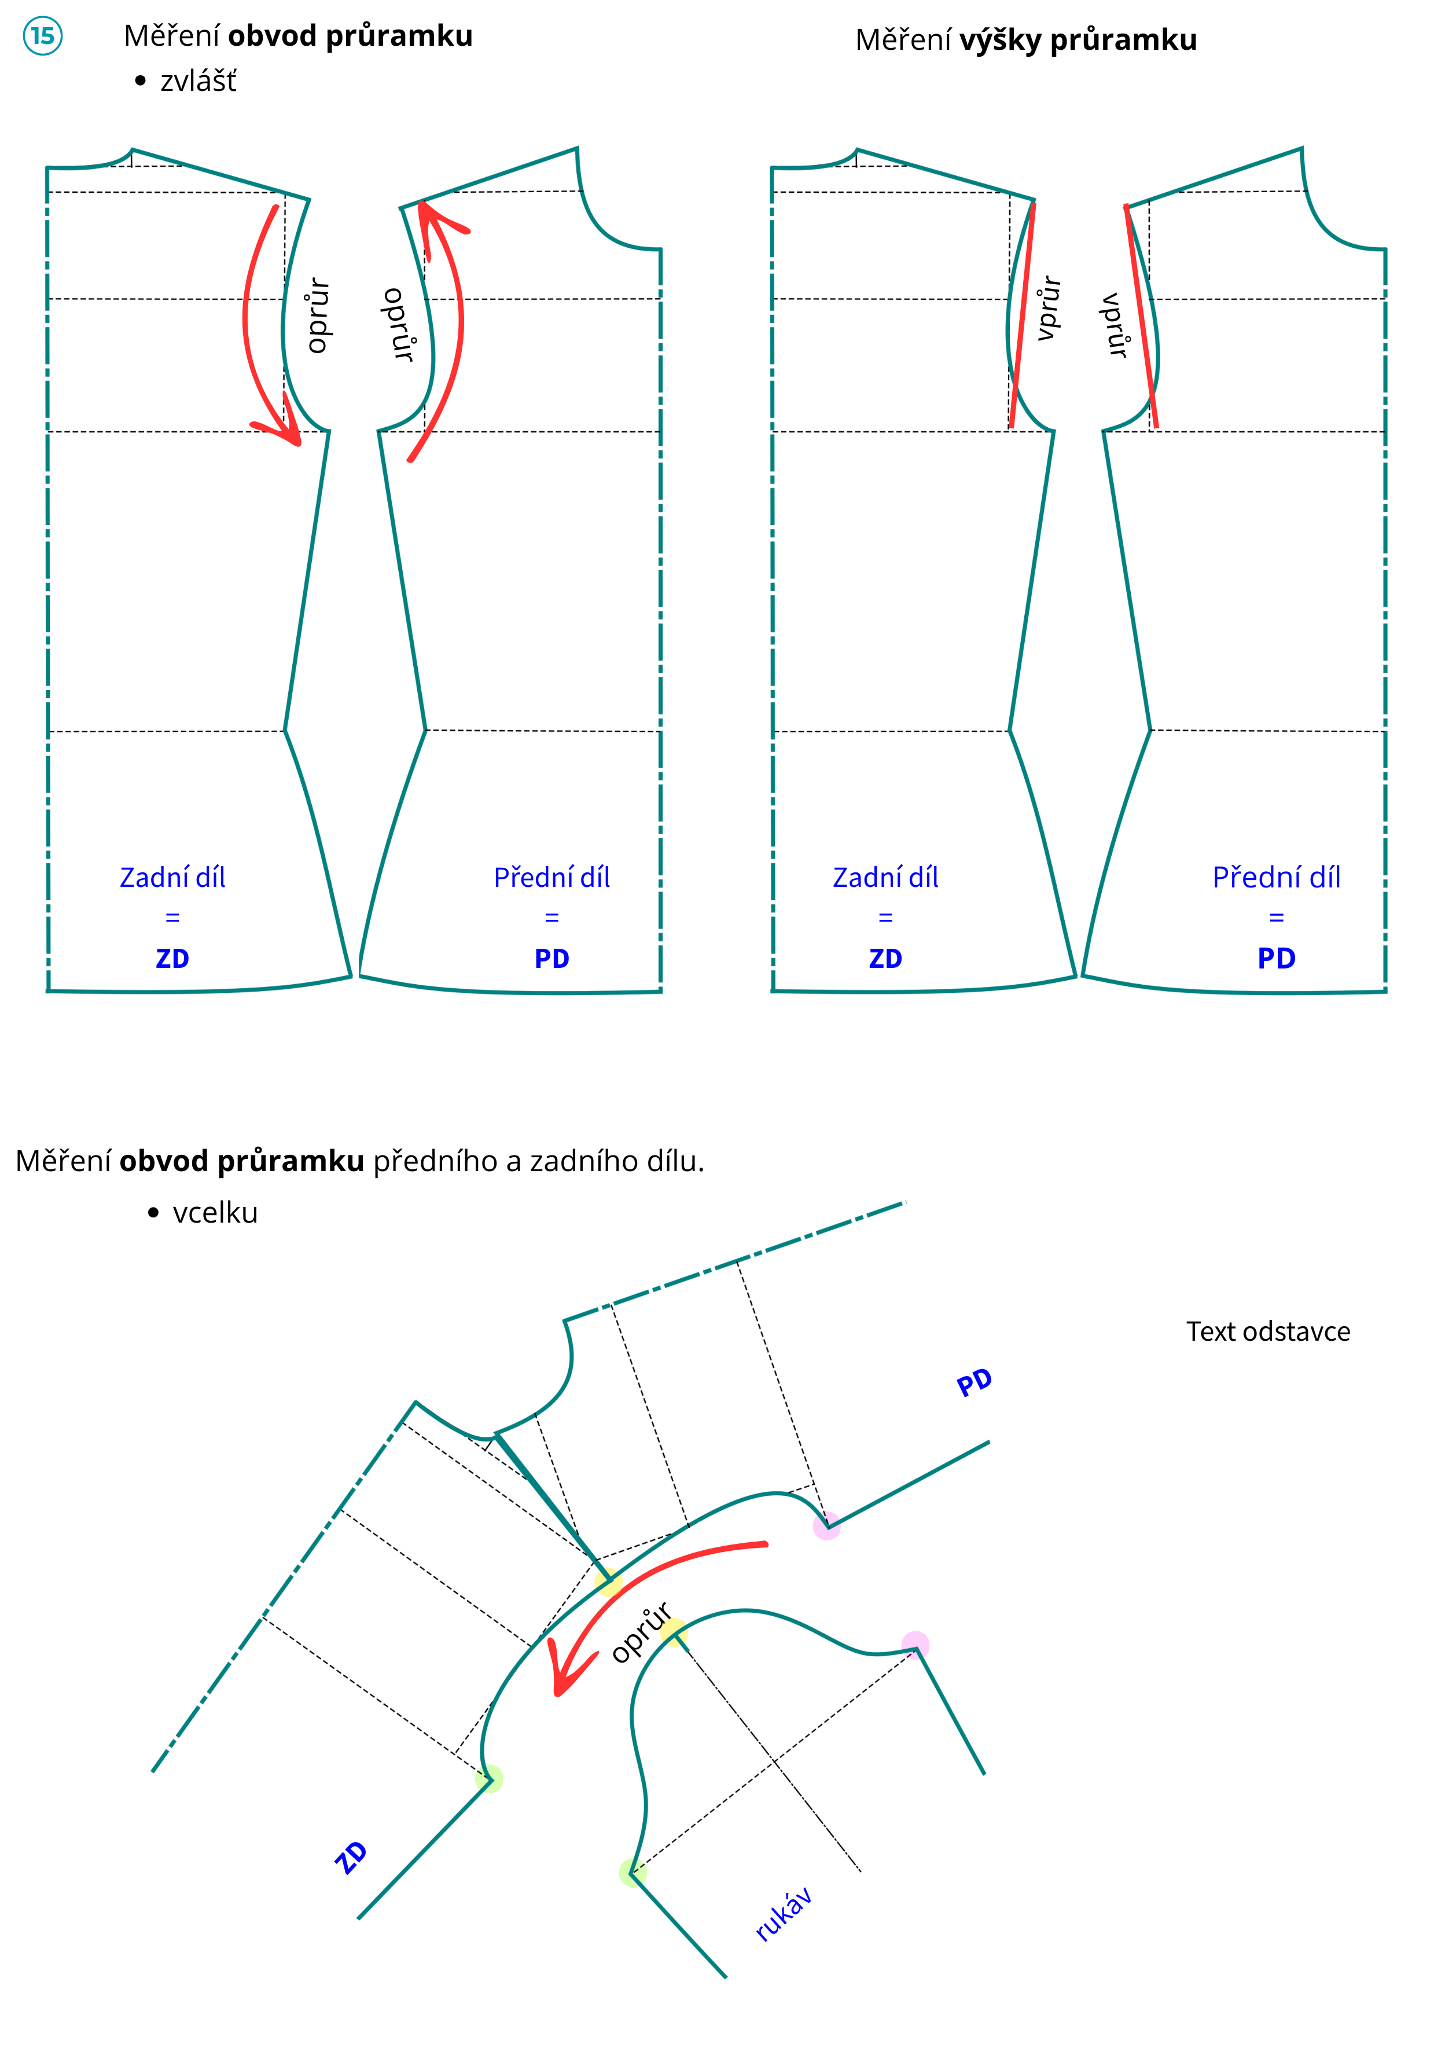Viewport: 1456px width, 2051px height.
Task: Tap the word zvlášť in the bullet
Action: point(198,82)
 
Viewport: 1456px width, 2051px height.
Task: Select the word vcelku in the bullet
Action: point(215,1213)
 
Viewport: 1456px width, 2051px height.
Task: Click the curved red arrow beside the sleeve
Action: point(627,1587)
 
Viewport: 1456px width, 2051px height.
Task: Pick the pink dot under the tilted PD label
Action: point(826,1525)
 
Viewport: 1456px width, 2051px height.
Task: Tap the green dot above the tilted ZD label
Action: point(490,1778)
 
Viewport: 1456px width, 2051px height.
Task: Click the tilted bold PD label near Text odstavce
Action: point(975,1383)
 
